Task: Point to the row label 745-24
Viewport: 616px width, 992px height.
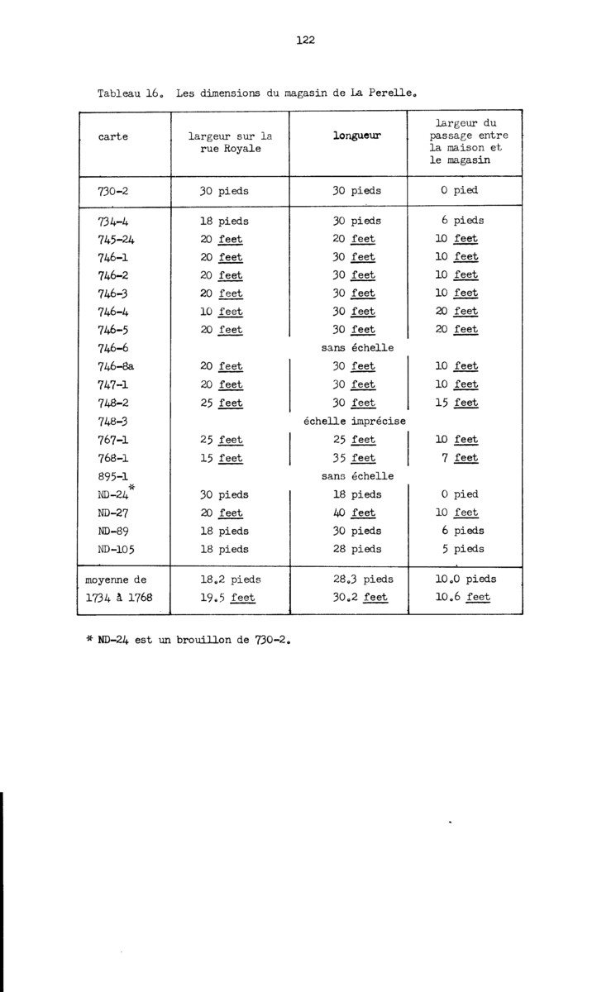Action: tap(117, 239)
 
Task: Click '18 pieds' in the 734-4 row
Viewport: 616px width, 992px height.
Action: tap(224, 222)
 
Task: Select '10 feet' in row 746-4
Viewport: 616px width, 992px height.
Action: tap(222, 312)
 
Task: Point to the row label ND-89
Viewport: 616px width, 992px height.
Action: tap(115, 531)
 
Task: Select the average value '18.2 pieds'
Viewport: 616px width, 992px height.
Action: tap(224, 579)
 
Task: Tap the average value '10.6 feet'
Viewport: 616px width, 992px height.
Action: tap(462, 597)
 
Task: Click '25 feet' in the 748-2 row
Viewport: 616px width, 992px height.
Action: tap(222, 403)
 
